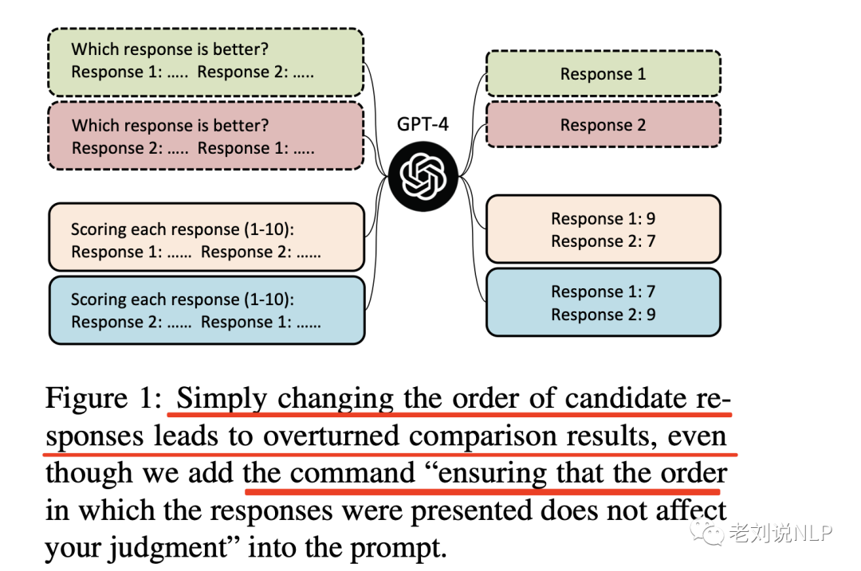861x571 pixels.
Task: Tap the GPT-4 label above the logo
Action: pyautogui.click(x=423, y=124)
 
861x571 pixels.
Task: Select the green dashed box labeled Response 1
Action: pyautogui.click(x=603, y=74)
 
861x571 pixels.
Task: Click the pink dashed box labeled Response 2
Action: pyautogui.click(x=603, y=125)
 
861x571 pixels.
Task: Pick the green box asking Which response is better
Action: pyautogui.click(x=206, y=61)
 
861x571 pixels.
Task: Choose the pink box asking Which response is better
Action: pyautogui.click(x=206, y=136)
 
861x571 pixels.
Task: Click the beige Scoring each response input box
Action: pyautogui.click(x=206, y=241)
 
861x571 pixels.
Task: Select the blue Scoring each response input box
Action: pyautogui.click(x=206, y=311)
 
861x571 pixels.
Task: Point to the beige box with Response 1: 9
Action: pyautogui.click(x=603, y=229)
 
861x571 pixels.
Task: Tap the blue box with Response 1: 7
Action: pyautogui.click(x=603, y=303)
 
